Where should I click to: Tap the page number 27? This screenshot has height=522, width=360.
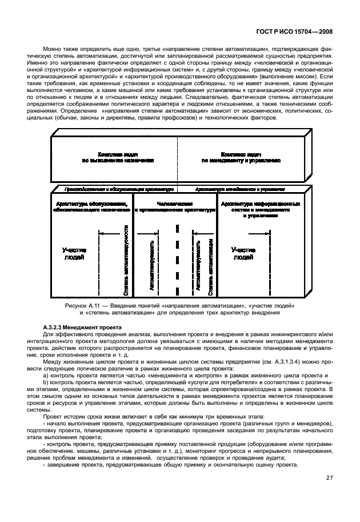330,478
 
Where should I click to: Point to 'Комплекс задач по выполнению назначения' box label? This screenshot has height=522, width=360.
117,158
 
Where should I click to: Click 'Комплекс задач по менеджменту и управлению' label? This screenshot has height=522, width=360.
241,158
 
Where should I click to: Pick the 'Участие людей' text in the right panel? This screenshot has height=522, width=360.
243,253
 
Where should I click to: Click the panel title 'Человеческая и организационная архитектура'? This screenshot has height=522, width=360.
175,207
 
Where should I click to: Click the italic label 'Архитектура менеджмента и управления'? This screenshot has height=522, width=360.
240,188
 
